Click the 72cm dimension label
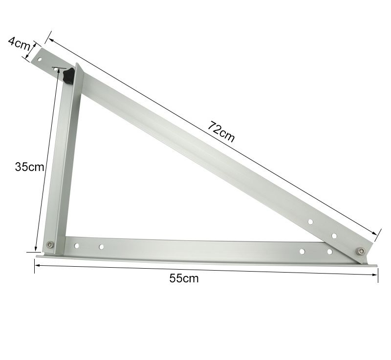point(221,131)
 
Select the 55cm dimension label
point(184,278)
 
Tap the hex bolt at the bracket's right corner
point(361,251)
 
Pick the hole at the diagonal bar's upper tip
point(40,59)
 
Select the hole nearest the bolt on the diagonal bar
point(334,236)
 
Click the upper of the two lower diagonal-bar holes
point(310,222)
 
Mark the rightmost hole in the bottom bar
point(329,252)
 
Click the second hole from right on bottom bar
point(302,251)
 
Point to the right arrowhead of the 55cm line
point(375,274)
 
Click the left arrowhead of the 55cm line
point(37,264)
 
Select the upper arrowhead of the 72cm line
point(51,41)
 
